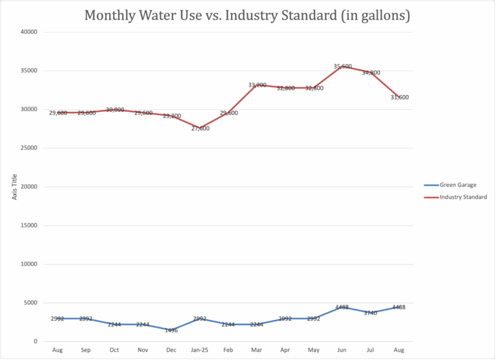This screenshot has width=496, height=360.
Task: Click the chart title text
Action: pos(247,16)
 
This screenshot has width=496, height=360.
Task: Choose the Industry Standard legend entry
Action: pos(463,197)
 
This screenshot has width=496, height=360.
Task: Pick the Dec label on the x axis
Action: pos(171,350)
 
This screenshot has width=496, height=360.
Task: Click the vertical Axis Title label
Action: pos(14,186)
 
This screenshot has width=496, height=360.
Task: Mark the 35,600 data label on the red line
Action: pos(343,67)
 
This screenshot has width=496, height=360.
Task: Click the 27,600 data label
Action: pos(200,129)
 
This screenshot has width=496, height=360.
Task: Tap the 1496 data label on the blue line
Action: pos(171,330)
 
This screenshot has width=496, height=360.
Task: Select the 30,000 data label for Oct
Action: pos(114,110)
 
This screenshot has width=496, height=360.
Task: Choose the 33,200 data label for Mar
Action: pos(257,85)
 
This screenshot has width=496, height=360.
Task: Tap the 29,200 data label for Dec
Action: pos(172,116)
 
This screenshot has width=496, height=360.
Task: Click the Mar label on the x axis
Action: pos(257,350)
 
